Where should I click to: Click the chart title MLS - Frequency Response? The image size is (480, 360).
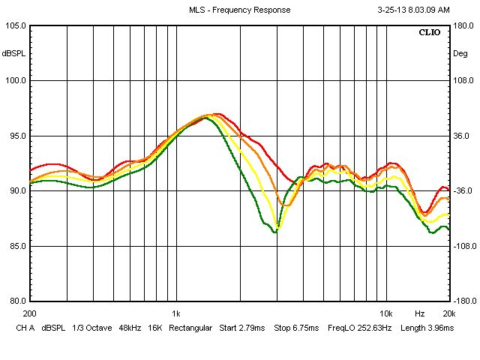239,10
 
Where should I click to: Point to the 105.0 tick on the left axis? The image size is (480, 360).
15,25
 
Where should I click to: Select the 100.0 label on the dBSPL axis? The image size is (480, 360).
15,81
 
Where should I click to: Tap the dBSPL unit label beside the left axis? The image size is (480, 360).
13,53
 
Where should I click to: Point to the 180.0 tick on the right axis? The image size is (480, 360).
463,25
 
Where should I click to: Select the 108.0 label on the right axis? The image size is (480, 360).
463,81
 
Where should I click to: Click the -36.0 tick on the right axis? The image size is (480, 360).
463,190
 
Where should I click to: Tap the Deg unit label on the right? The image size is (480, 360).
460,53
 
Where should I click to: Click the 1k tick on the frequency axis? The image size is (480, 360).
175,313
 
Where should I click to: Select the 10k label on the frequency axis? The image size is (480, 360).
385,313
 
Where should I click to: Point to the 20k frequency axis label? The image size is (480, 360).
448,313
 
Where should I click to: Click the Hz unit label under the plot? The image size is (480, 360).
420,313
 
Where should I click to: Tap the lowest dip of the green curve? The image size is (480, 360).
275,232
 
